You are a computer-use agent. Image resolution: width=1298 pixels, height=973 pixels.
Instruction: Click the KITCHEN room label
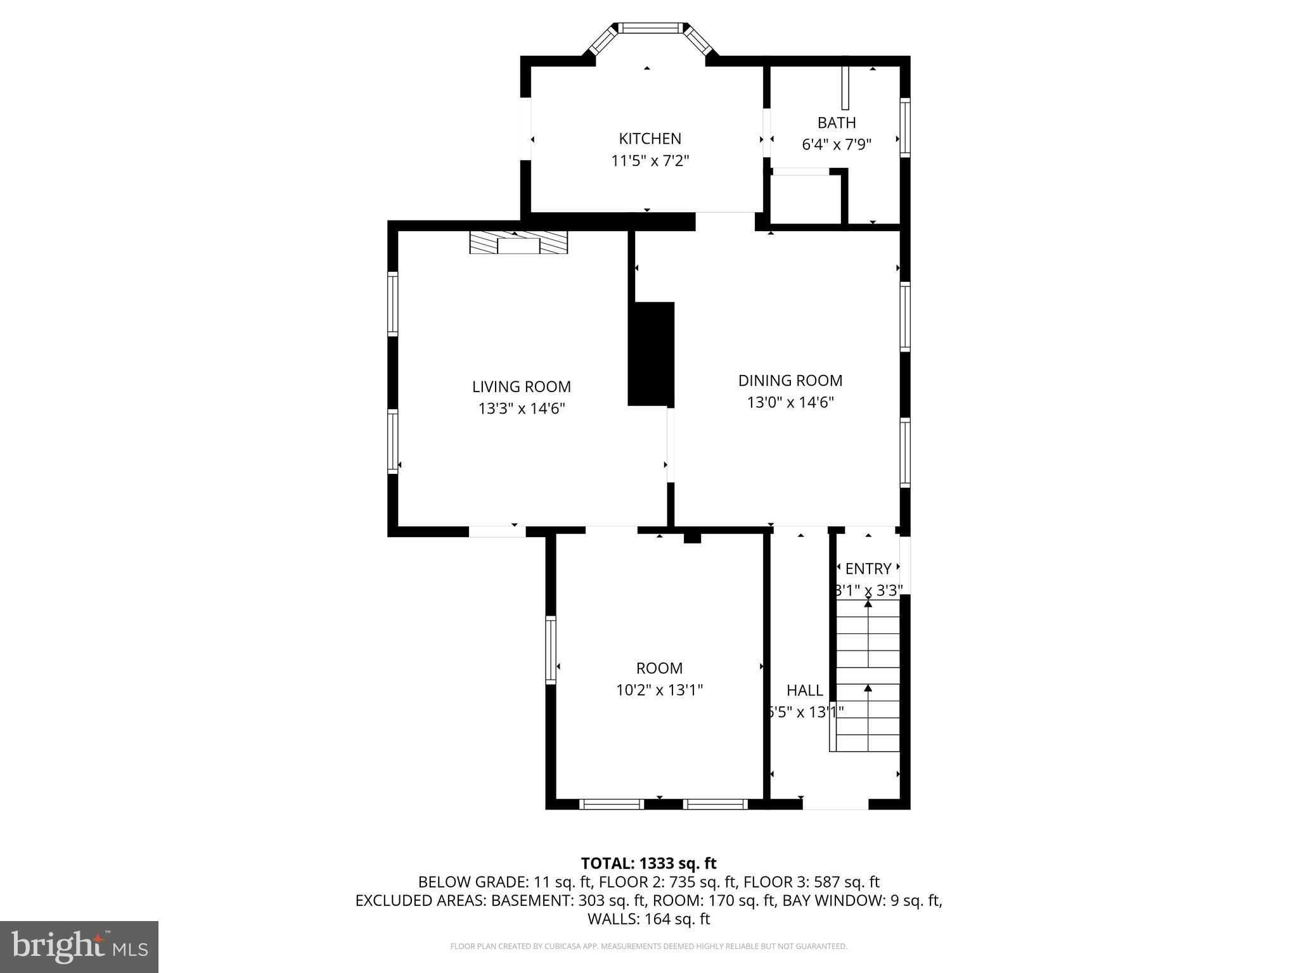coord(650,138)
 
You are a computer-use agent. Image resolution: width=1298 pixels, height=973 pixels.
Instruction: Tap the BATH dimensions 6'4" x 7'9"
coord(837,144)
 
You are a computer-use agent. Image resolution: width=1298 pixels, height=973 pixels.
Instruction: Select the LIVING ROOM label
coord(521,386)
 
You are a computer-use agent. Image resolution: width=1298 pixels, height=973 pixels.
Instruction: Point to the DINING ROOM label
coord(790,380)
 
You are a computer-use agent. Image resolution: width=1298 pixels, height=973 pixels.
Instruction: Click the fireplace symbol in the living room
coord(518,243)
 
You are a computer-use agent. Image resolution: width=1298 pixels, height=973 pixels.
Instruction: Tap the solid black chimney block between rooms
coord(652,353)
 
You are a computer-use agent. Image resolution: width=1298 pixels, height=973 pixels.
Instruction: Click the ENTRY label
coord(868,568)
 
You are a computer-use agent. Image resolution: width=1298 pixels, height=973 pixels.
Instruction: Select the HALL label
coord(804,690)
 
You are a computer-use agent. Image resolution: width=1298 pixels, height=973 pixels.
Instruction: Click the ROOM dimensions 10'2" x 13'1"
coord(659,690)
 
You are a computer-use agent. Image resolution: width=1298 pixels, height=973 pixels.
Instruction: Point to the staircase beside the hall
coord(868,675)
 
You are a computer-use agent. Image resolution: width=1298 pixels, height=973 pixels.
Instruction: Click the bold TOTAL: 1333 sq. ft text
coord(648,863)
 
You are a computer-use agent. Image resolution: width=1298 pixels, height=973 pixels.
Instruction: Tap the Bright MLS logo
coord(79,946)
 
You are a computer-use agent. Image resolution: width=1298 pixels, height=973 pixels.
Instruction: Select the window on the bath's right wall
coord(905,127)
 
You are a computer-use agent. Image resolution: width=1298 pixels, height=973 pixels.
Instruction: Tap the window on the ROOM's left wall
coord(551,650)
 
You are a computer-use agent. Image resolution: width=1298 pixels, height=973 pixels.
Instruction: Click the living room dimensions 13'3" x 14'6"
coord(521,409)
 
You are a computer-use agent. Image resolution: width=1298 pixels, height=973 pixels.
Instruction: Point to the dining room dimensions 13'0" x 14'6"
coord(790,402)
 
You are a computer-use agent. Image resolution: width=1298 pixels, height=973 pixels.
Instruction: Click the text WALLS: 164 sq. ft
coord(648,919)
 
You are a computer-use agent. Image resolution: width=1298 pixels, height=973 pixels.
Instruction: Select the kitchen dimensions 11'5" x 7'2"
coord(650,160)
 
